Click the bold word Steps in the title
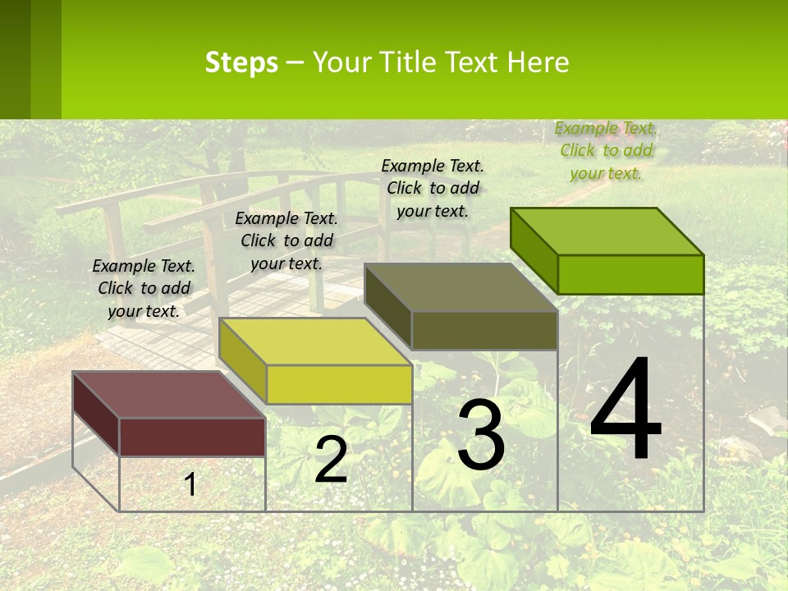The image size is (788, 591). (x=241, y=62)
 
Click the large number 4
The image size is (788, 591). (x=625, y=410)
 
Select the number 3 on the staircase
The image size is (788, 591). (x=481, y=435)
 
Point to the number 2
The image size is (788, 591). (x=331, y=460)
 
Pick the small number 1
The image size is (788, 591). (x=190, y=484)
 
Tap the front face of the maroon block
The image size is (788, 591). (x=192, y=437)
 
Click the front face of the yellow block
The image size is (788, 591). (x=339, y=384)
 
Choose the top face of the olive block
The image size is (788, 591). (x=460, y=287)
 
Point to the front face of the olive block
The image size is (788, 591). (x=484, y=331)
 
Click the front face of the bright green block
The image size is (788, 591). (x=630, y=274)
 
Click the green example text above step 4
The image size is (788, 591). (x=606, y=150)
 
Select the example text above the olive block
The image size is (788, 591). (x=433, y=188)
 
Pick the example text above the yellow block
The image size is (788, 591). (x=286, y=241)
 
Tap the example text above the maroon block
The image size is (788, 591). (x=144, y=288)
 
